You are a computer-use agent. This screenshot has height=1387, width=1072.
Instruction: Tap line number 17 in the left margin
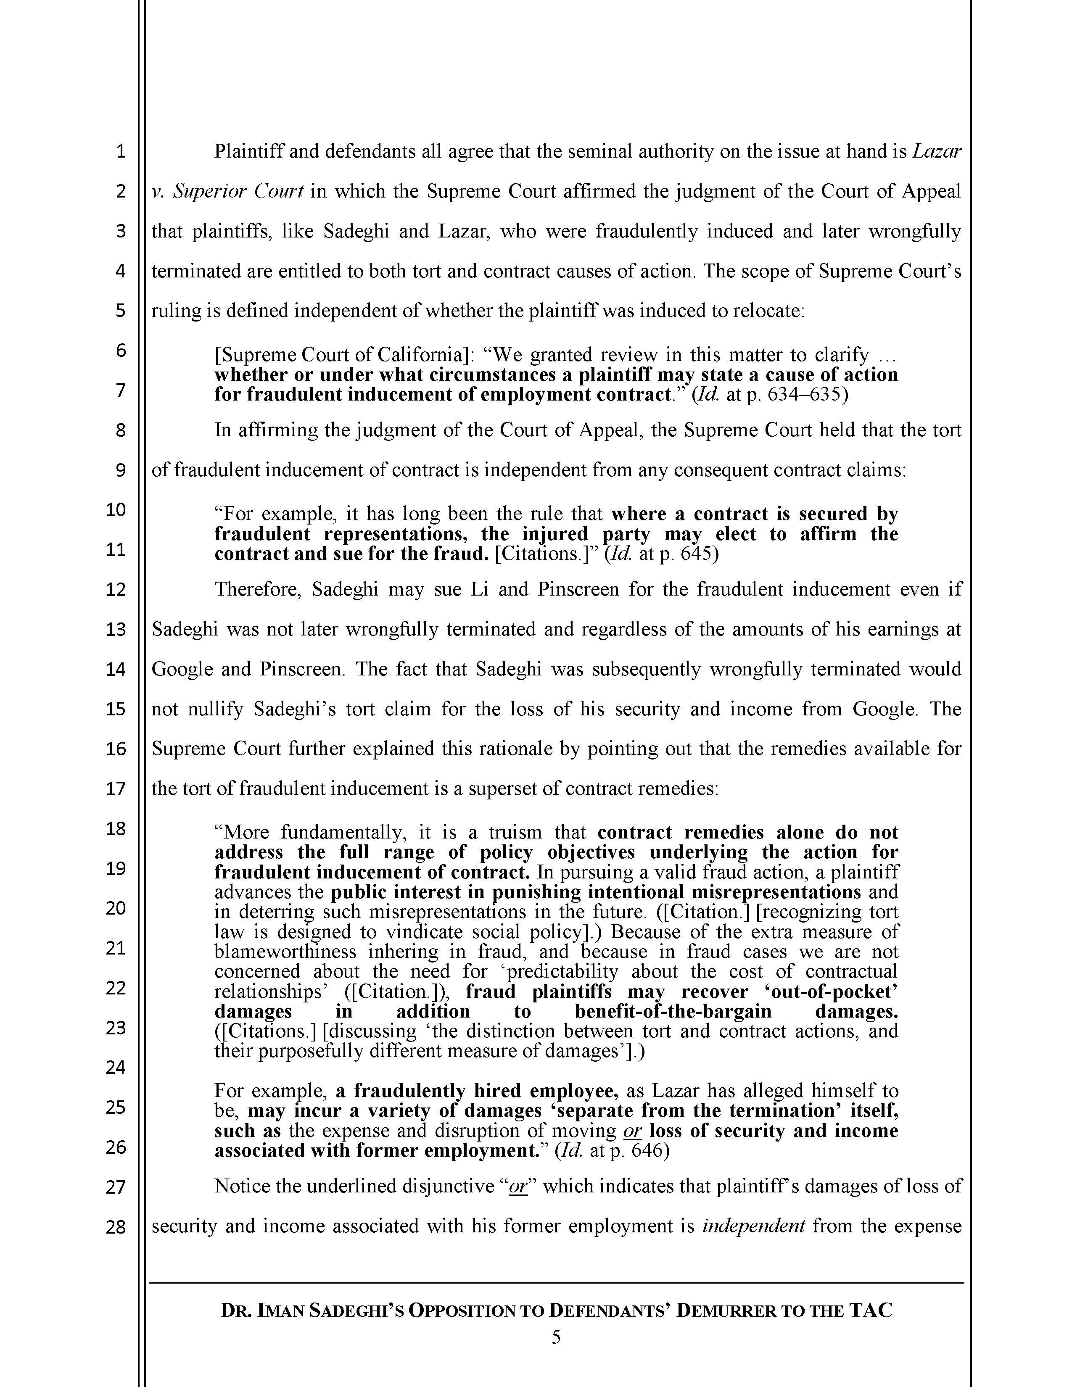pos(116,789)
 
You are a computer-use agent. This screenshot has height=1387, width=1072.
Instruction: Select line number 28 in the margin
pos(116,1228)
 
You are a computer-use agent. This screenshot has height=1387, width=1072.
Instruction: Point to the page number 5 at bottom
pos(556,1338)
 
